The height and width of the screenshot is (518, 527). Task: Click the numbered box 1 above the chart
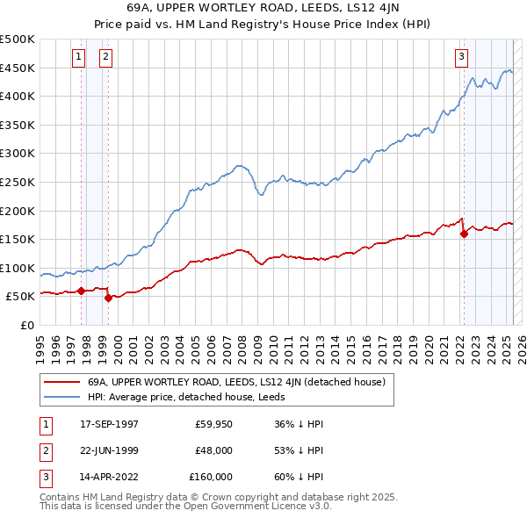79,57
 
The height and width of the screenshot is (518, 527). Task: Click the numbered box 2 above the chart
105,57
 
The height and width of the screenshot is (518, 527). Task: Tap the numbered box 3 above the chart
461,58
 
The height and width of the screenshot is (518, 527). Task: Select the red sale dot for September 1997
81,291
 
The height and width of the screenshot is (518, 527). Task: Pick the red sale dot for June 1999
108,298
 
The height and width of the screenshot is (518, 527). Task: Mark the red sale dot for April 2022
464,234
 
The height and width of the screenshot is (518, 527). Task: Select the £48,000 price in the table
213,450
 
